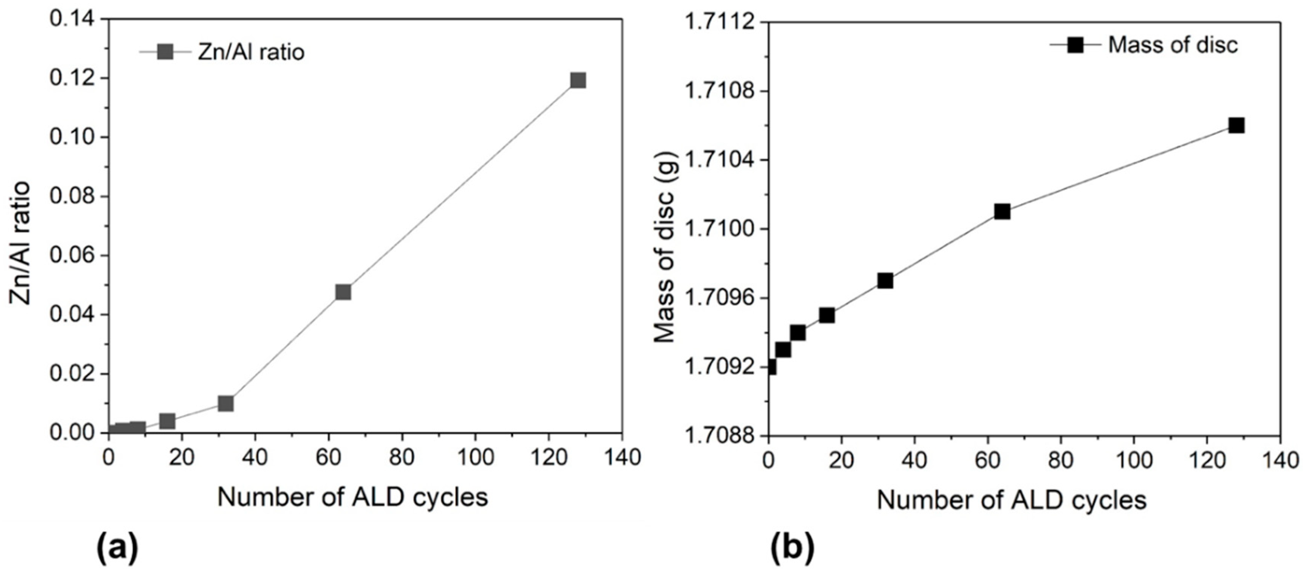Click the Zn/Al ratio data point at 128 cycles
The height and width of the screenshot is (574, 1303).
tap(578, 80)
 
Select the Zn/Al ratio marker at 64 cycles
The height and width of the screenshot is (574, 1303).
tap(343, 292)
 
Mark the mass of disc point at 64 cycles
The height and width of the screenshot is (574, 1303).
tap(1002, 212)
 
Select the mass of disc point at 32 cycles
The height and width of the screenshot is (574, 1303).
tap(885, 281)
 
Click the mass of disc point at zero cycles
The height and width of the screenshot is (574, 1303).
tap(769, 367)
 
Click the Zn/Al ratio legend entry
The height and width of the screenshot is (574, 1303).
tap(222, 52)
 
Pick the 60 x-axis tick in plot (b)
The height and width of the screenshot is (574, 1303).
tap(987, 460)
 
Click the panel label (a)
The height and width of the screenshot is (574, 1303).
tap(117, 548)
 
